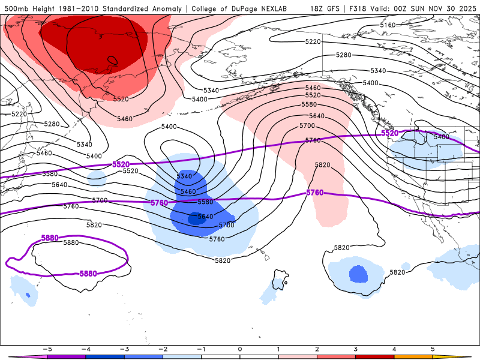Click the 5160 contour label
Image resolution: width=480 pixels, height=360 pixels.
[x=388, y=25]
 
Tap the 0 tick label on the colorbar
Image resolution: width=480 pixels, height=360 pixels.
[x=240, y=348]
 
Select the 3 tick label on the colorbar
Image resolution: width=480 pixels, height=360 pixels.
[x=355, y=348]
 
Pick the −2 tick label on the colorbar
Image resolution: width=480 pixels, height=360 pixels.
[x=162, y=348]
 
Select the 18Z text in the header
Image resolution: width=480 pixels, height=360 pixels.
[x=317, y=8]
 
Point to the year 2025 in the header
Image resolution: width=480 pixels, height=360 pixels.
[x=467, y=8]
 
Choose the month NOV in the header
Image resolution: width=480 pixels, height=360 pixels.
[x=435, y=8]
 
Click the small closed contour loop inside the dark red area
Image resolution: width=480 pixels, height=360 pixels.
[x=112, y=59]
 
